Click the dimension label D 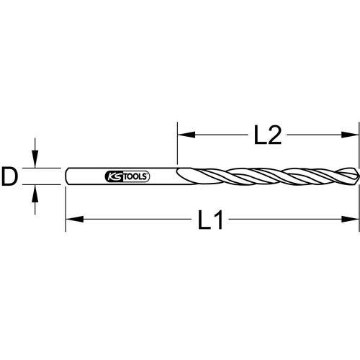click(9, 176)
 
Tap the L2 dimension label click(266, 134)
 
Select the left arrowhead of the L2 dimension click(183, 134)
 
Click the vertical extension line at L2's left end click(177, 144)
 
